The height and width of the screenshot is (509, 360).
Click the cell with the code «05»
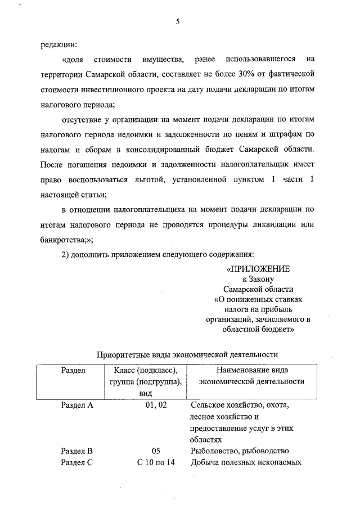[x=156, y=451]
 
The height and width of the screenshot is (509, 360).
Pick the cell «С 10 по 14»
[x=156, y=463]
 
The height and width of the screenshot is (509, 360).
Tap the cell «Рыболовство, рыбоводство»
[x=240, y=451]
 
